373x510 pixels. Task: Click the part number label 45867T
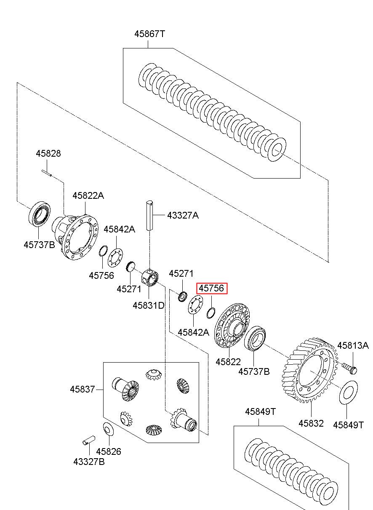pos(149,34)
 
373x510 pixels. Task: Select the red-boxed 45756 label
pos(212,288)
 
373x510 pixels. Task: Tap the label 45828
pos(48,153)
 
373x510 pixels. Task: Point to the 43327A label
pos(183,215)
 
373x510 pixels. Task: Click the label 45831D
pos(148,305)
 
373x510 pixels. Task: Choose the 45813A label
pos(353,345)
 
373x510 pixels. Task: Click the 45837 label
pos(82,389)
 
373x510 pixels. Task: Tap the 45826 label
pos(109,451)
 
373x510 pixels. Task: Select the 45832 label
pos(311,423)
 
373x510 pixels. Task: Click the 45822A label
pos(88,195)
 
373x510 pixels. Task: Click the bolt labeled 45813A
pos(349,368)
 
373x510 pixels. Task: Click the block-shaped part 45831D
pos(149,277)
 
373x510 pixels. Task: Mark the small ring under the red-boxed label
pos(210,313)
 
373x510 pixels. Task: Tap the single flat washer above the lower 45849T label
pos(348,392)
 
